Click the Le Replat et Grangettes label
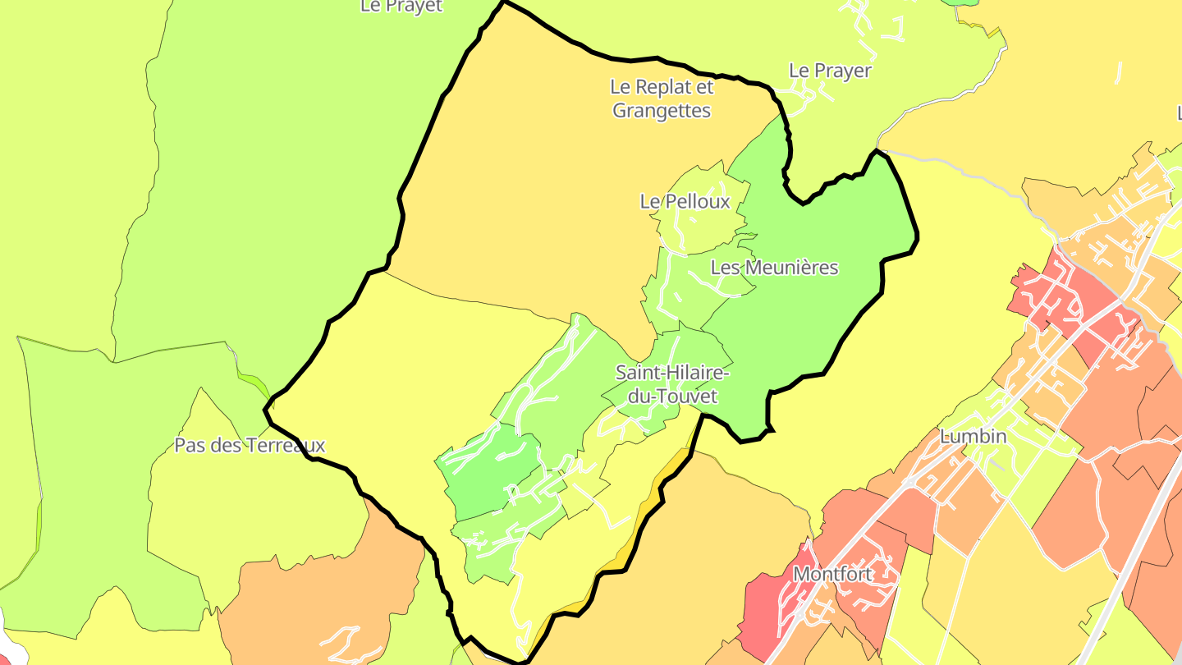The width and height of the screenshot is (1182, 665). coord(662,99)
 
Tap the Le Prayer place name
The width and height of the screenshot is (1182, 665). coord(830,71)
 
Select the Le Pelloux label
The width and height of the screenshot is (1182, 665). coord(685,201)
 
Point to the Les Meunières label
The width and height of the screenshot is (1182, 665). coord(774,267)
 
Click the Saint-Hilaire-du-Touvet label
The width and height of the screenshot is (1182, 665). coord(672,384)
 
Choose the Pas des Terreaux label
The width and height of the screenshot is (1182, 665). coord(250,446)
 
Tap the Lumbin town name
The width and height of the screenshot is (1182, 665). coord(973,436)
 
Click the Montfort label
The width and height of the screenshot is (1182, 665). coord(832,574)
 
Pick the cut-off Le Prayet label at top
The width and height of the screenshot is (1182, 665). coord(401,7)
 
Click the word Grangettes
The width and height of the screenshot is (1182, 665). coord(662,110)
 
